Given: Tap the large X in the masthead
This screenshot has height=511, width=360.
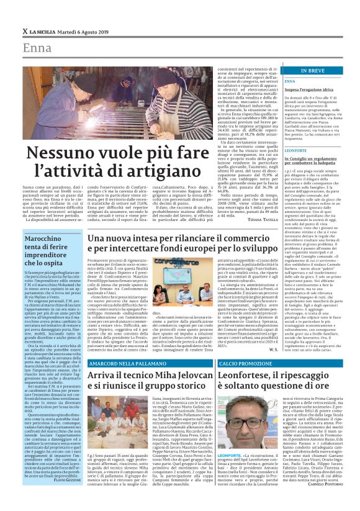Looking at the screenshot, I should click(25, 31).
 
